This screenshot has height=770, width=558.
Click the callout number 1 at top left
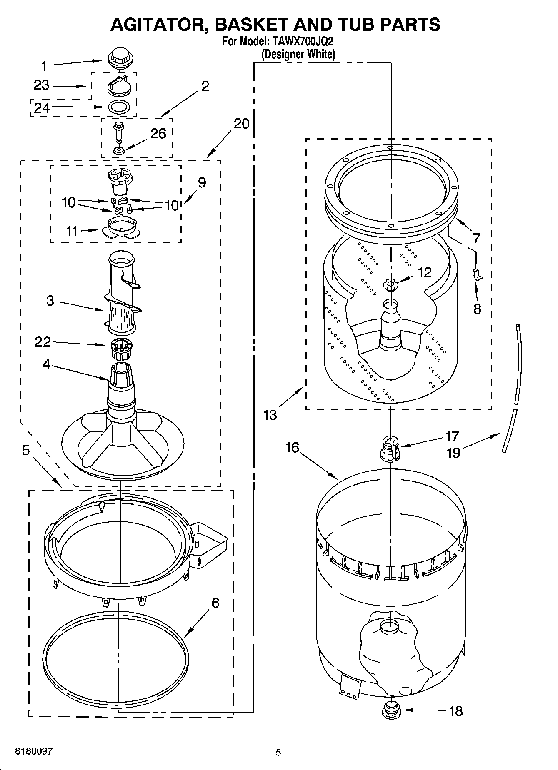pos(44,66)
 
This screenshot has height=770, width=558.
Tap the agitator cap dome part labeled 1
pos(118,58)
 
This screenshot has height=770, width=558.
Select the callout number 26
pos(158,133)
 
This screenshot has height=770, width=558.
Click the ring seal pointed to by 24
pos(118,107)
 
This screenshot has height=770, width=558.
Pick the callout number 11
pos(72,231)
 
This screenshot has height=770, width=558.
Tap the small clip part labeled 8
pos(477,274)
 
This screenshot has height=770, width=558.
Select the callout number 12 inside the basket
pos(424,272)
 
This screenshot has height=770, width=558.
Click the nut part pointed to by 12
pos(390,285)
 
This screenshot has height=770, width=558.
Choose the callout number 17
pos(452,436)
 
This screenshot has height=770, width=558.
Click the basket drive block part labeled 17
pos(390,448)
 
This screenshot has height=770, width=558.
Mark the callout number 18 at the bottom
pos(456,711)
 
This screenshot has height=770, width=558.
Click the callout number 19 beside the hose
pos(453,453)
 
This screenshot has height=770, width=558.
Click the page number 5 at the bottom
pos(278,752)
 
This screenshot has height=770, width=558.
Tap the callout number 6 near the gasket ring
pos(215,603)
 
